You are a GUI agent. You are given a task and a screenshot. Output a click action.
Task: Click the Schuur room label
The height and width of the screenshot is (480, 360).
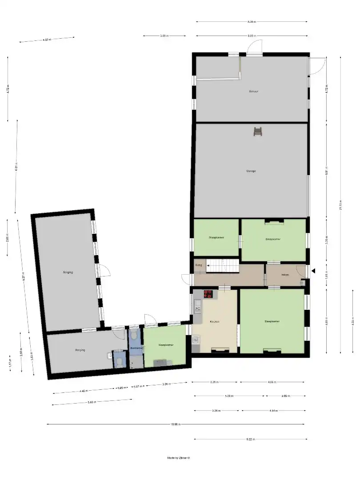254,91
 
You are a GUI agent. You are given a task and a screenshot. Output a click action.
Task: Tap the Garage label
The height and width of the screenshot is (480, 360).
251,171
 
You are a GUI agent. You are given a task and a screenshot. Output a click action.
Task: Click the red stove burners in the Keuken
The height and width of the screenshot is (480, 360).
208,293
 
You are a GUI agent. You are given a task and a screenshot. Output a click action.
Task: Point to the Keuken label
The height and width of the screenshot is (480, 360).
215,321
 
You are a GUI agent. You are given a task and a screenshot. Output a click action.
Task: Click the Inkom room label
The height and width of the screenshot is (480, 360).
285,275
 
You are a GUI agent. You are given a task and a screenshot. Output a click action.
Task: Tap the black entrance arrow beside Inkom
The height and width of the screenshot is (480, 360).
313,271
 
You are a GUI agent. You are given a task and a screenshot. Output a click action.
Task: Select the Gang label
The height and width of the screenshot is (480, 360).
199,265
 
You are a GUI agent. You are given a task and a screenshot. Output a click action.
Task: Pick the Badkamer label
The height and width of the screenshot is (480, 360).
136,348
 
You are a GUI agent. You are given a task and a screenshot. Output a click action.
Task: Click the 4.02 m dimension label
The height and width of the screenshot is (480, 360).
47,40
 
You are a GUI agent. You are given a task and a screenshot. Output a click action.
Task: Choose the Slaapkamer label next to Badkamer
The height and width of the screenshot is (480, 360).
165,345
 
